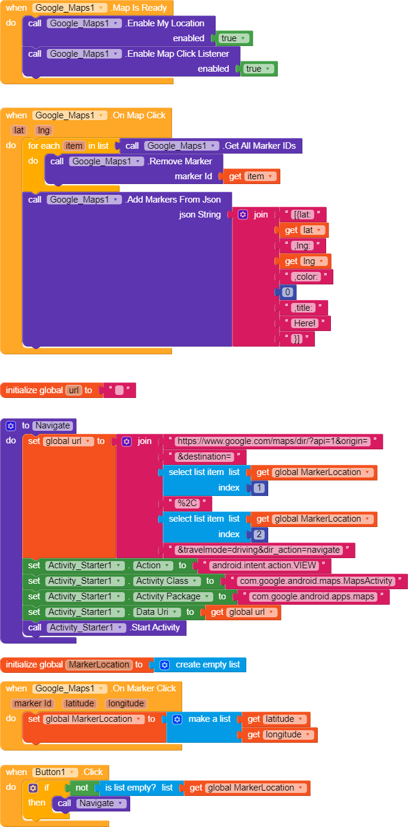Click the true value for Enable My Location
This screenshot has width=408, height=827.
point(232,38)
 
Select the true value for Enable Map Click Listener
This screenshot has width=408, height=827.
point(257,69)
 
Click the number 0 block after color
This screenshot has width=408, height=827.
point(287,292)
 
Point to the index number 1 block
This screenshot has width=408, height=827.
point(259,488)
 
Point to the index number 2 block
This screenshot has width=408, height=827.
point(259,534)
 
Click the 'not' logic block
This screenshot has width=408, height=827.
point(81,788)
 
